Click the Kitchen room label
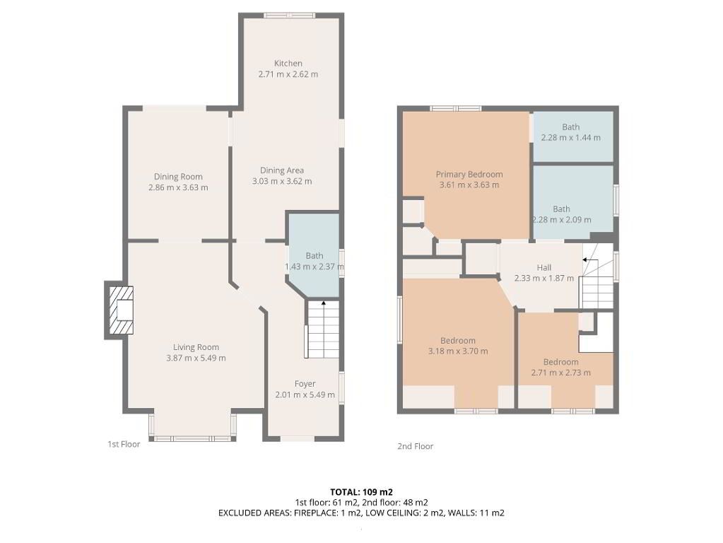[288, 63]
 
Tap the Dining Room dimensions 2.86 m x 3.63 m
[178, 188]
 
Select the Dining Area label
[282, 170]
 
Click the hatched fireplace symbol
[122, 310]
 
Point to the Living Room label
[196, 347]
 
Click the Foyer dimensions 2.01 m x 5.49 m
[305, 395]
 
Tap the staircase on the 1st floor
[323, 329]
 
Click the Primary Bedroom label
[469, 175]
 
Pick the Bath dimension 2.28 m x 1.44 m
[571, 137]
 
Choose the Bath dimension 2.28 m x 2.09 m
[562, 220]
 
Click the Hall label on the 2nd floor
[544, 267]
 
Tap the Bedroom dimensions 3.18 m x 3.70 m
[458, 351]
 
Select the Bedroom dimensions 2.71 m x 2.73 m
[560, 373]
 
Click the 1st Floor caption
[124, 444]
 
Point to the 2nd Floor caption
[416, 446]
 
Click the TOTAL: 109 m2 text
[362, 492]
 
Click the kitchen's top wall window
[290, 16]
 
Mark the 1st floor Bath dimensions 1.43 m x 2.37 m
[315, 267]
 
